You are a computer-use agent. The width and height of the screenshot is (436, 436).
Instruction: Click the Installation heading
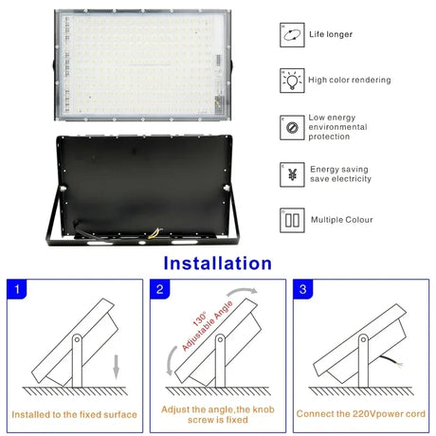(217, 263)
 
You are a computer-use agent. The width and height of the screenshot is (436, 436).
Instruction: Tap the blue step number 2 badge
(159, 289)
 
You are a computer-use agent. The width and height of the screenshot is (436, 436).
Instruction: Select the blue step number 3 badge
(302, 289)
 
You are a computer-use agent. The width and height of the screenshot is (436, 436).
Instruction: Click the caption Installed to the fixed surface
(74, 414)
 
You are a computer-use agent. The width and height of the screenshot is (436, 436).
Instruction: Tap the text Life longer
(331, 35)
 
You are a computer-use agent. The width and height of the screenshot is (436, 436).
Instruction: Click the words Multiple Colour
(340, 220)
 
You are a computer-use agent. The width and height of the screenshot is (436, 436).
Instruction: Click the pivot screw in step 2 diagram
(219, 338)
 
